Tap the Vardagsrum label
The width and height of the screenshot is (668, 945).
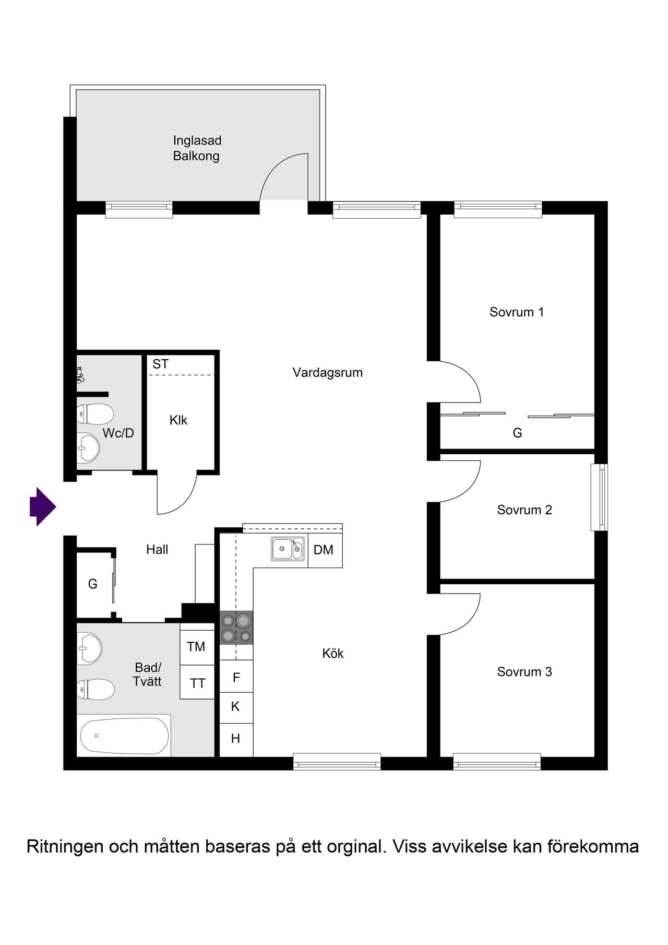(327, 373)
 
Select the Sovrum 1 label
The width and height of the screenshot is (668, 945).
(517, 312)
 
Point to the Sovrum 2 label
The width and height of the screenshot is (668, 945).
(524, 510)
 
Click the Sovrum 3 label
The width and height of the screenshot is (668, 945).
(524, 672)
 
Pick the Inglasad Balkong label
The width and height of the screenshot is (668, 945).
(197, 148)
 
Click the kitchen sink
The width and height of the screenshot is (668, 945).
(287, 549)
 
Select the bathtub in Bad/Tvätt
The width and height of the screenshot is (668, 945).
(125, 735)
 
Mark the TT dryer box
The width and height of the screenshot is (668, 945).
(197, 682)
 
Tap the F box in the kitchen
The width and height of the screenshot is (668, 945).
(236, 677)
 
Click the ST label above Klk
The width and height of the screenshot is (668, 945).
(161, 364)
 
